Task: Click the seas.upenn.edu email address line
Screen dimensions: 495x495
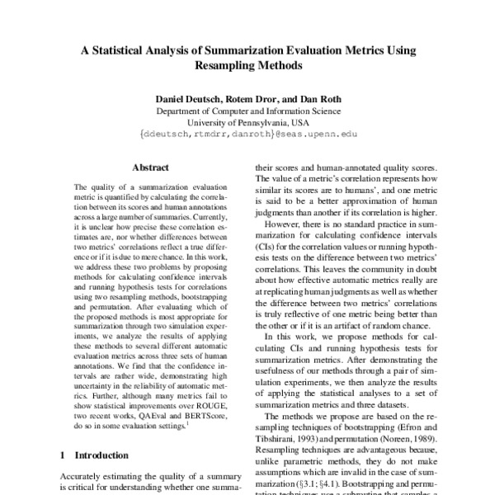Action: (x=247, y=133)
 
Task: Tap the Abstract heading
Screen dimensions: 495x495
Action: (x=150, y=167)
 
